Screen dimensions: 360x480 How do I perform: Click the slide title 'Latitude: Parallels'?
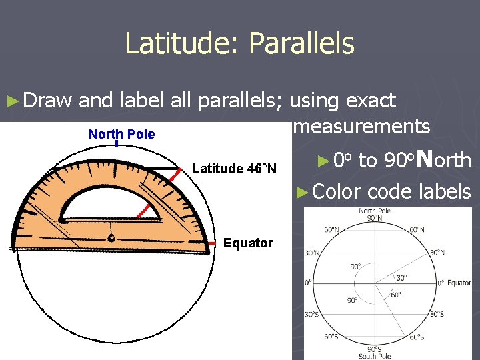[x=239, y=44]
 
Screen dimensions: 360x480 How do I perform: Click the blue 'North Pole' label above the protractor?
[x=122, y=134]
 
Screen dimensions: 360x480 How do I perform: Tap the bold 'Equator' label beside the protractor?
[x=248, y=243]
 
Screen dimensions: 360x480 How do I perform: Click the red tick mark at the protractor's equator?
[x=211, y=244]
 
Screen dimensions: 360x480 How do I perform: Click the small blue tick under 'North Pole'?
[x=117, y=143]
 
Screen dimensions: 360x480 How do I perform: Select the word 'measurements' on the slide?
[x=360, y=127]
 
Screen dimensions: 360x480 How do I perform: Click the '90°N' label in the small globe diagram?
[x=375, y=218]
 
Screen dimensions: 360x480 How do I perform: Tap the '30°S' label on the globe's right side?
[x=437, y=314]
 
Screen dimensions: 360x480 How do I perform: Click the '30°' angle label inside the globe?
[x=401, y=278]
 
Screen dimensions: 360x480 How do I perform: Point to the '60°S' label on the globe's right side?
[x=417, y=337]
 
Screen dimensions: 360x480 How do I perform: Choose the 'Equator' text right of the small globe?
[x=459, y=283]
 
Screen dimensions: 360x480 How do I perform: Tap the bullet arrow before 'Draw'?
[x=11, y=101]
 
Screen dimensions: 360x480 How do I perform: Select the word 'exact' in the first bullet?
[x=371, y=101]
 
